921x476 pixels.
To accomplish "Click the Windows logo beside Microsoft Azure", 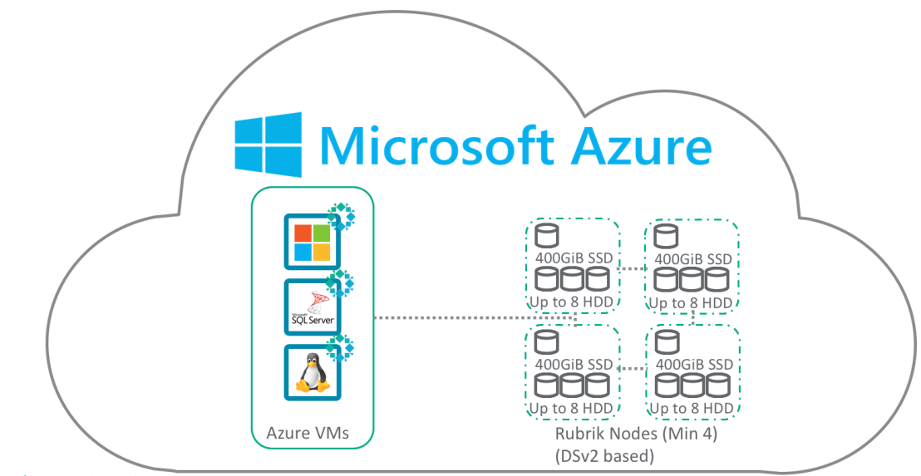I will pyautogui.click(x=267, y=145).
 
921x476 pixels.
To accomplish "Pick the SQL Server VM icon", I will pyautogui.click(x=312, y=307).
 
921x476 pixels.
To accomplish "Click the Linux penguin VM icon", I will pyautogui.click(x=312, y=372).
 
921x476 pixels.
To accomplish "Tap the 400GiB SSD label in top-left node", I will pyautogui.click(x=574, y=258).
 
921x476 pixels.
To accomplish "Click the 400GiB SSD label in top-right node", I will pyautogui.click(x=693, y=259).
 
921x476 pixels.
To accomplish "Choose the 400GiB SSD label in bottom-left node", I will pyautogui.click(x=574, y=364).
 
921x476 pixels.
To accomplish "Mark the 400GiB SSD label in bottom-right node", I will pyautogui.click(x=695, y=364).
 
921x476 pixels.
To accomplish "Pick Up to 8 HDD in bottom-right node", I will pyautogui.click(x=692, y=408).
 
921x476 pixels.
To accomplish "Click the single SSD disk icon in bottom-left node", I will pyautogui.click(x=545, y=341).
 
